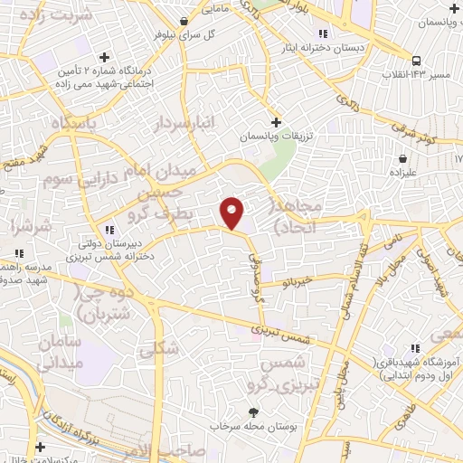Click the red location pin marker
(x=232, y=213)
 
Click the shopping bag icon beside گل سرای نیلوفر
(x=184, y=20)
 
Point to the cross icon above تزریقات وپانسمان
(x=277, y=121)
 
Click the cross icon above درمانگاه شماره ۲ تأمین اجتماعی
(x=105, y=56)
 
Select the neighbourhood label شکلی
(x=161, y=349)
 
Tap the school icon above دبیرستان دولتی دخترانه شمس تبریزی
(x=110, y=229)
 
